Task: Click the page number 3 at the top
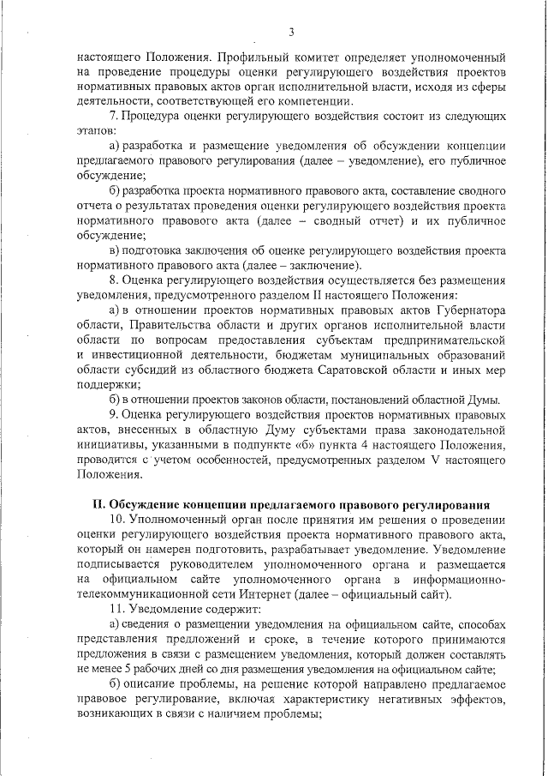point(291,33)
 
